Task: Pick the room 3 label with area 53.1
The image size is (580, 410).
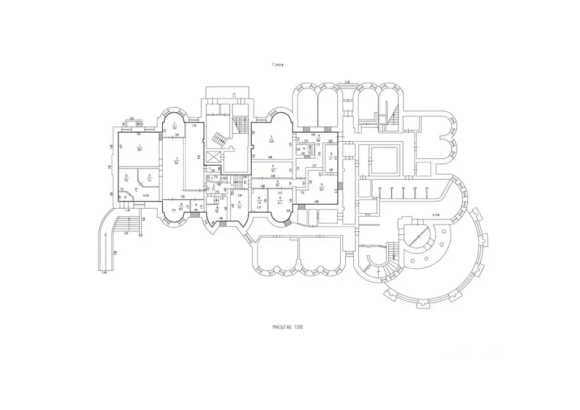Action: click(177, 159)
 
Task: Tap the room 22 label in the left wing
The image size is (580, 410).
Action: click(125, 196)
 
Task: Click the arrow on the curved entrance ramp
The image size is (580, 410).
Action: click(103, 238)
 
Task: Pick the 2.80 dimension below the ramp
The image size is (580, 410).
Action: click(104, 273)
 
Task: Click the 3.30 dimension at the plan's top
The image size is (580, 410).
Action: click(347, 83)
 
